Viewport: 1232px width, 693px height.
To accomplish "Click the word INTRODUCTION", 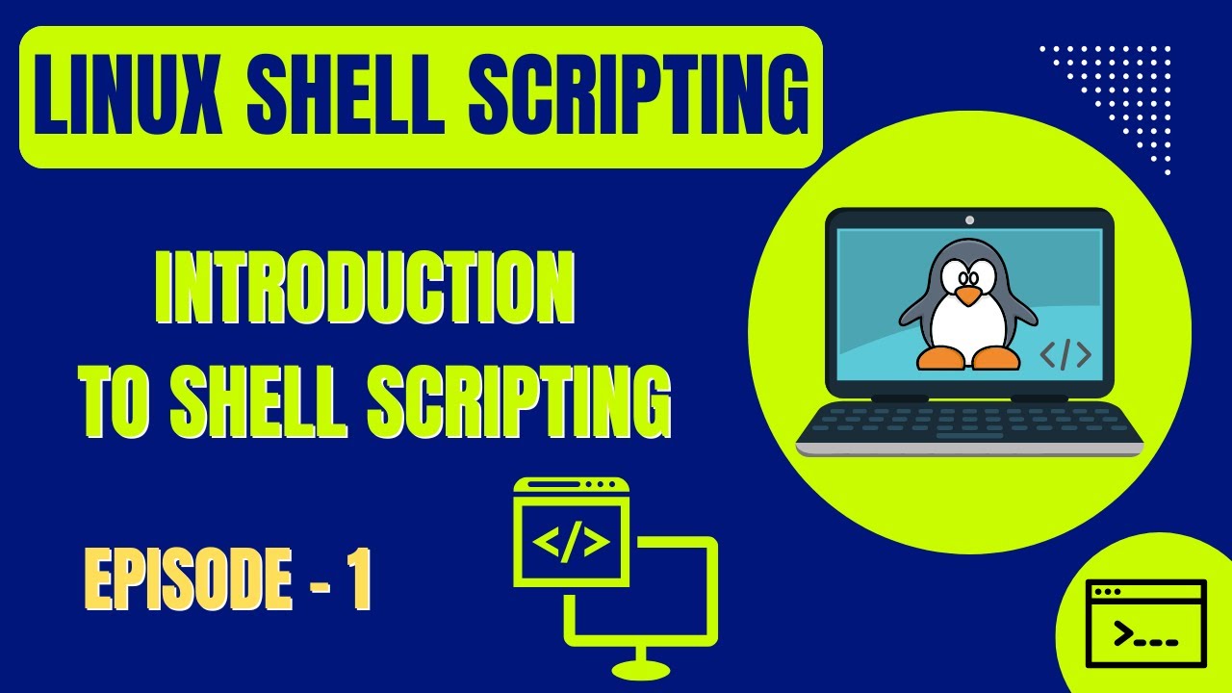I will pos(365,292).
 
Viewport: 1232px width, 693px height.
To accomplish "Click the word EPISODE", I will pos(189,580).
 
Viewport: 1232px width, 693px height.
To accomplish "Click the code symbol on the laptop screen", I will pos(1065,355).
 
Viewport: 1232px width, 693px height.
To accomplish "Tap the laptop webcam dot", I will pos(969,219).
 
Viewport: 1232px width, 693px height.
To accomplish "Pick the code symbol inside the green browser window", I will pos(571,543).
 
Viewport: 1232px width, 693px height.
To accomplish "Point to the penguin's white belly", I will pos(966,327).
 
